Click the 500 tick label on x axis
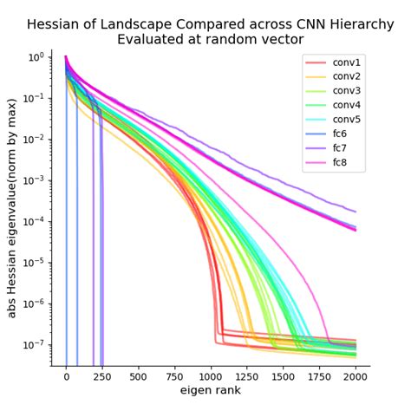[x=138, y=377]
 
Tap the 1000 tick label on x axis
[x=211, y=377]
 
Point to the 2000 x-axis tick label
[x=356, y=377]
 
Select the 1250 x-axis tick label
[x=247, y=377]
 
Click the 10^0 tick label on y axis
[x=36, y=58]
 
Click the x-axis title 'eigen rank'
[x=210, y=391]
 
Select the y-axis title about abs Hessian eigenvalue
[x=12, y=208]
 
